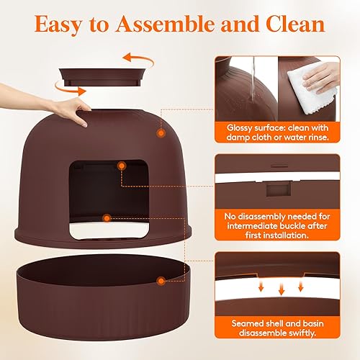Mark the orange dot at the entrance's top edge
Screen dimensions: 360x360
click(121, 166)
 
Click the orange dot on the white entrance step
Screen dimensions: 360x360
click(106, 217)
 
